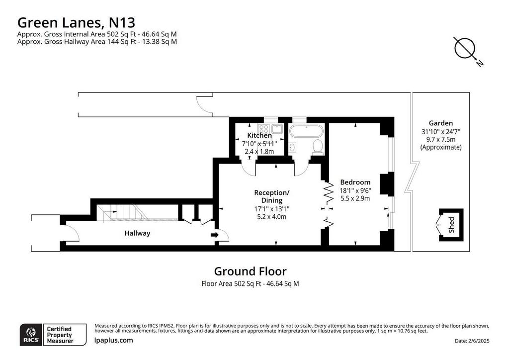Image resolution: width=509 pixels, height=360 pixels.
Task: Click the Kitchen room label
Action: pyautogui.click(x=259, y=135)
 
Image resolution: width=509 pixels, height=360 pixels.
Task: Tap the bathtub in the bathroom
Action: pyautogui.click(x=306, y=131)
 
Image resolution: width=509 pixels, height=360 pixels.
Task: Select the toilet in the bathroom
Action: pyautogui.click(x=317, y=146)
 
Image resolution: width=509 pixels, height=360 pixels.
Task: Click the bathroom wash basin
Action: pyautogui.click(x=292, y=147)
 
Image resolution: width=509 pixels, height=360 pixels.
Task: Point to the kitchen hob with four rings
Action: pyautogui.click(x=263, y=129)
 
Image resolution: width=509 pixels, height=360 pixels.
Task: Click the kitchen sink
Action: pyautogui.click(x=277, y=129)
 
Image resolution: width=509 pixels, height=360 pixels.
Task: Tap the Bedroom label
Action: pyautogui.click(x=355, y=182)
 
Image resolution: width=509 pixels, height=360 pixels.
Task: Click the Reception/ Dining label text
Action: pyautogui.click(x=272, y=196)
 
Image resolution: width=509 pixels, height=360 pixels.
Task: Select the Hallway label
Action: pyautogui.click(x=137, y=233)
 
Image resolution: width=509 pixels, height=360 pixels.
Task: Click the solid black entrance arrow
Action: pyautogui.click(x=215, y=235)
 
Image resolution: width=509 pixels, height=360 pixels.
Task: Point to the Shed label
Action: pyautogui.click(x=451, y=225)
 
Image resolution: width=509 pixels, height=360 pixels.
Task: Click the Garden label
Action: pyautogui.click(x=440, y=123)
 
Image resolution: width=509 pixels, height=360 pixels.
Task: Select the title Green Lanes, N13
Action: pyautogui.click(x=76, y=23)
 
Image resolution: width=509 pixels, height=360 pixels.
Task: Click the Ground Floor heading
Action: pyautogui.click(x=251, y=271)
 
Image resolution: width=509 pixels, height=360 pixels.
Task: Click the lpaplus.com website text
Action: pyautogui.click(x=114, y=340)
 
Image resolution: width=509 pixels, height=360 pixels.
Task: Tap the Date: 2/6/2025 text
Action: pyautogui.click(x=472, y=341)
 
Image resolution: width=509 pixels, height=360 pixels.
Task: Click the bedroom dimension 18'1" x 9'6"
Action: pyautogui.click(x=355, y=190)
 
